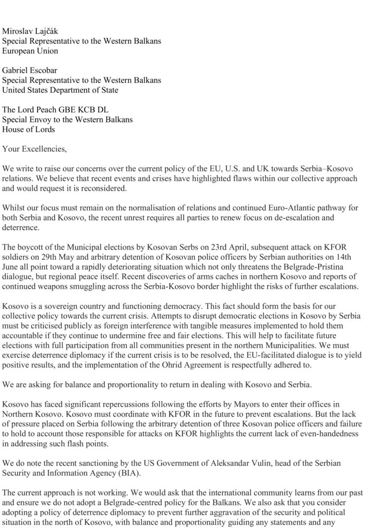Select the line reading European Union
[x=30, y=52]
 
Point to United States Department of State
[x=60, y=90]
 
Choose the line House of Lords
[x=28, y=129]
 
